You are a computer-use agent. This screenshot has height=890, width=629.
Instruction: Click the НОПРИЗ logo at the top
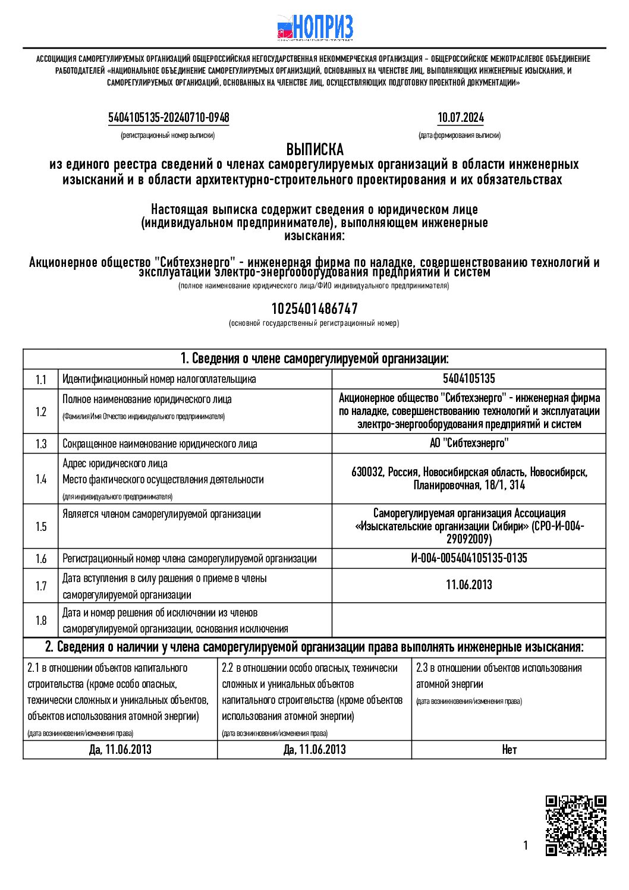click(315, 27)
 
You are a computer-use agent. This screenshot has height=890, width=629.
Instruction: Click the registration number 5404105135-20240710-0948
click(168, 118)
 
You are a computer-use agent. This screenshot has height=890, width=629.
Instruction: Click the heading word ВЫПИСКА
click(314, 149)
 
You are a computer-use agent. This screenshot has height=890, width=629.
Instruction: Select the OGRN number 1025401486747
click(314, 309)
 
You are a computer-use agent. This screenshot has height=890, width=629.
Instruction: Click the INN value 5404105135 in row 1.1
click(468, 379)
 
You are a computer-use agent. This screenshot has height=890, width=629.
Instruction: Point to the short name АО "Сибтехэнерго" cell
click(468, 444)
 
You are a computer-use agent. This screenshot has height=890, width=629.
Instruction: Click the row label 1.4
click(40, 479)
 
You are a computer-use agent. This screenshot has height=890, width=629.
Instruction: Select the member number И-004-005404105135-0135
click(468, 558)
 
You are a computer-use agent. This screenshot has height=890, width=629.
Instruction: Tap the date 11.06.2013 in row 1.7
click(468, 585)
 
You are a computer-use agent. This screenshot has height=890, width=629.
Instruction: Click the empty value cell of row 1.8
click(468, 620)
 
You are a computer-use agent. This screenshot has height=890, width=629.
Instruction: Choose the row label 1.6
click(40, 559)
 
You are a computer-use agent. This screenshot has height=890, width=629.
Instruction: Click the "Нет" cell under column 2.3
click(509, 750)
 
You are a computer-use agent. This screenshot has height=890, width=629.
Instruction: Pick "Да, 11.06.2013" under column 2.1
click(120, 750)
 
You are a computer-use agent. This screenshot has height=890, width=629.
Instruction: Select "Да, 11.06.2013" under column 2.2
click(314, 750)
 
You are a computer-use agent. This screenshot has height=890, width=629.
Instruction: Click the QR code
click(575, 825)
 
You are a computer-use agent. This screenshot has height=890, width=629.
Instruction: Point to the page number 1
click(525, 845)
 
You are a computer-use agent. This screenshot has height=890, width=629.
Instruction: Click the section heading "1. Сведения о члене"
click(314, 358)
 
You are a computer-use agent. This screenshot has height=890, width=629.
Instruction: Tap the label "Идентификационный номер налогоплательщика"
click(159, 379)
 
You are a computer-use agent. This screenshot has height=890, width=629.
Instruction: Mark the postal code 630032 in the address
click(367, 473)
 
